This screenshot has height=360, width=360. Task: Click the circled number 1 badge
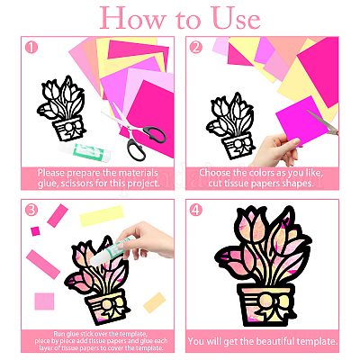coord(31,48)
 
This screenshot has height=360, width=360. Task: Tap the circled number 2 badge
coord(196,48)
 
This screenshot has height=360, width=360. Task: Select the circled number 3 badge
coord(31,210)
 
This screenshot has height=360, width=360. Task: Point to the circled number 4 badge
coord(196,210)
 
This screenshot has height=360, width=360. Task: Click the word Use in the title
coord(236,19)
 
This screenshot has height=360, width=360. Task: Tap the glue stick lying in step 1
coord(85,150)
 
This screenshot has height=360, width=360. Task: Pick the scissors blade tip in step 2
coord(308,112)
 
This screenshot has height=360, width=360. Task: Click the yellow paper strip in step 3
coord(102,216)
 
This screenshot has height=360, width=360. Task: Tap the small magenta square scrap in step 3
coord(35,231)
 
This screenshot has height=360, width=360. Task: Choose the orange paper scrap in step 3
coord(155,303)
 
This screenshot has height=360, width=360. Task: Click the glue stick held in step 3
coord(112,250)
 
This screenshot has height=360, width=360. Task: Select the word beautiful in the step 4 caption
coord(275,341)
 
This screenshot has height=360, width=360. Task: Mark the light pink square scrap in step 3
coord(44,301)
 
